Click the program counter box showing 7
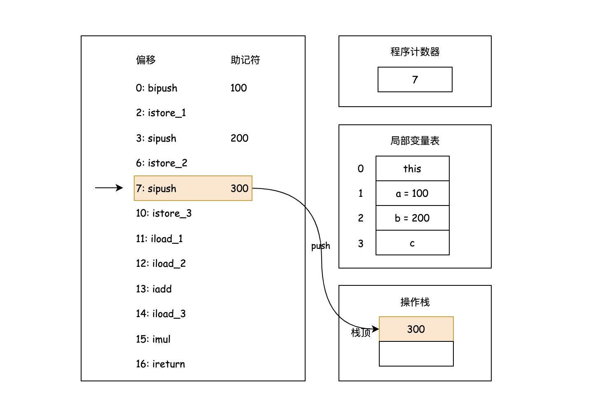[x=415, y=79]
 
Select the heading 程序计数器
[x=415, y=52]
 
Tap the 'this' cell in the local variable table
[x=412, y=168]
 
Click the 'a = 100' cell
[x=412, y=193]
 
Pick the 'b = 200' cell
[x=412, y=218]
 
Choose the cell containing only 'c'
[x=412, y=243]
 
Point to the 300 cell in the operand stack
[x=416, y=329]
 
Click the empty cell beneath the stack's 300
[x=416, y=354]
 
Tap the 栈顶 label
[x=360, y=333]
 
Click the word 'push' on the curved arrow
[x=320, y=246]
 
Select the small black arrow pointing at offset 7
[x=109, y=188]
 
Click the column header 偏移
[x=146, y=60]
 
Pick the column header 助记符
[x=245, y=60]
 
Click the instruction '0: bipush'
[x=156, y=88]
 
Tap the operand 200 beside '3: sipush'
[x=239, y=138]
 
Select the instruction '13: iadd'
[x=154, y=289]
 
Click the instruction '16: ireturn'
[x=160, y=364]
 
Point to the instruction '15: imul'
[x=153, y=339]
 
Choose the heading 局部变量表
[x=415, y=141]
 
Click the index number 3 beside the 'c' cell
[x=361, y=243]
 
